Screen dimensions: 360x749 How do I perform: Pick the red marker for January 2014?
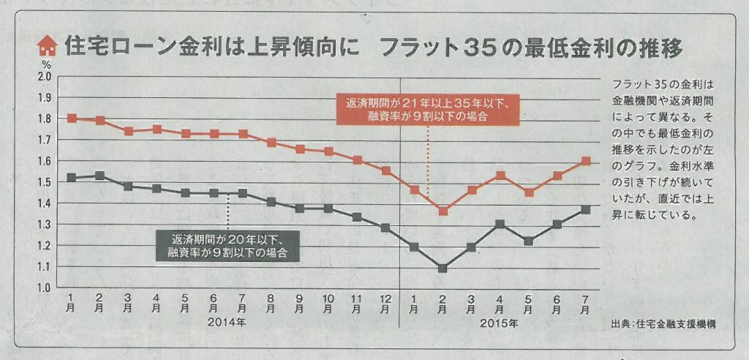tap(72, 118)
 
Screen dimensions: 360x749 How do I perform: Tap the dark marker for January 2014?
tap(72, 177)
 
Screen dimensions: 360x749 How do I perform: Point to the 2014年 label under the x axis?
tap(228, 322)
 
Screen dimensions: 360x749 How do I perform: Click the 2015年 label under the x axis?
tap(500, 322)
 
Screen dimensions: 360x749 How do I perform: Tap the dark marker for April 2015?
tap(500, 224)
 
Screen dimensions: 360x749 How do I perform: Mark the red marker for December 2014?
tap(385, 171)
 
